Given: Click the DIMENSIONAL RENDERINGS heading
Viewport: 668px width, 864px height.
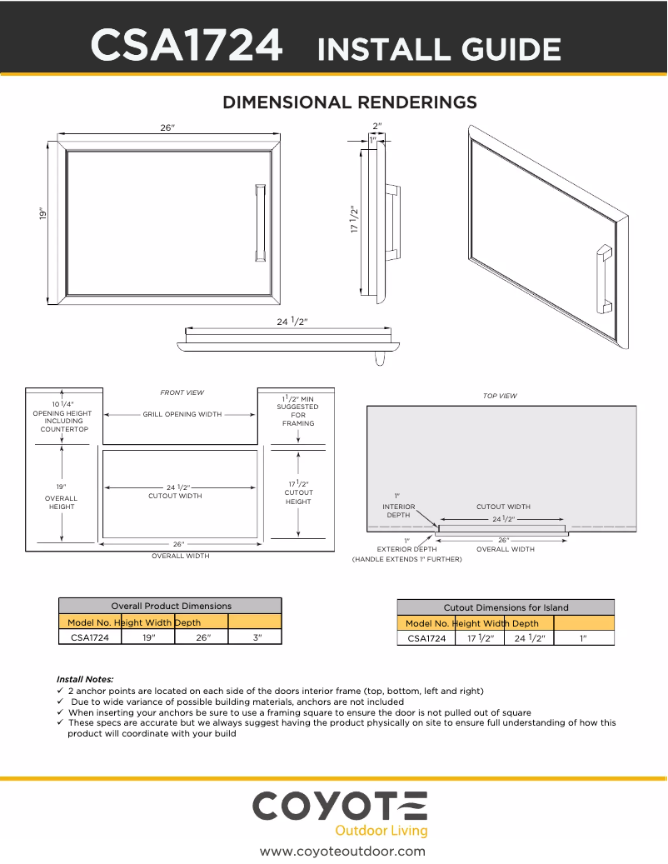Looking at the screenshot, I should (349, 102).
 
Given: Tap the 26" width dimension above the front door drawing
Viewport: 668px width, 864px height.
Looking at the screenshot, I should (167, 127).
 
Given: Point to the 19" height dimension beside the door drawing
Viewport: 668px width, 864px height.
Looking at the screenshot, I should (42, 214).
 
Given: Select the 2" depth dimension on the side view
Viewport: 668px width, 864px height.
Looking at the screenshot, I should (377, 127).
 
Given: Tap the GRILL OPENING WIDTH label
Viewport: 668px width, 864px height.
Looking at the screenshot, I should (182, 414).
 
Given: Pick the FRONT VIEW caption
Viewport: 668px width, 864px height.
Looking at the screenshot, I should (182, 392).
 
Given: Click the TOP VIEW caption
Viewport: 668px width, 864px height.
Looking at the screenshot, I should (500, 396).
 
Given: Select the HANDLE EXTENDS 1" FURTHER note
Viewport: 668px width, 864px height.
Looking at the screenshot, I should (406, 559).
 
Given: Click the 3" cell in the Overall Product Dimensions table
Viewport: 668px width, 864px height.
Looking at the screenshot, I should (257, 637).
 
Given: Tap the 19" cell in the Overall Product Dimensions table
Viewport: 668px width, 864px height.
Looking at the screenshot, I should (148, 637).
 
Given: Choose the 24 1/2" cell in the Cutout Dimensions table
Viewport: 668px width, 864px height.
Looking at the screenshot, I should (529, 638).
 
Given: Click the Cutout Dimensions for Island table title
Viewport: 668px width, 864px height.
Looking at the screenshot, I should (506, 607).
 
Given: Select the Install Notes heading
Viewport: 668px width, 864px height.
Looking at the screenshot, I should (84, 679).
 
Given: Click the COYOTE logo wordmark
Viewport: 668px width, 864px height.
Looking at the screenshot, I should (339, 807).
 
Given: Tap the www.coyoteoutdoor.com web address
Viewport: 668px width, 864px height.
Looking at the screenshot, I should (342, 851).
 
